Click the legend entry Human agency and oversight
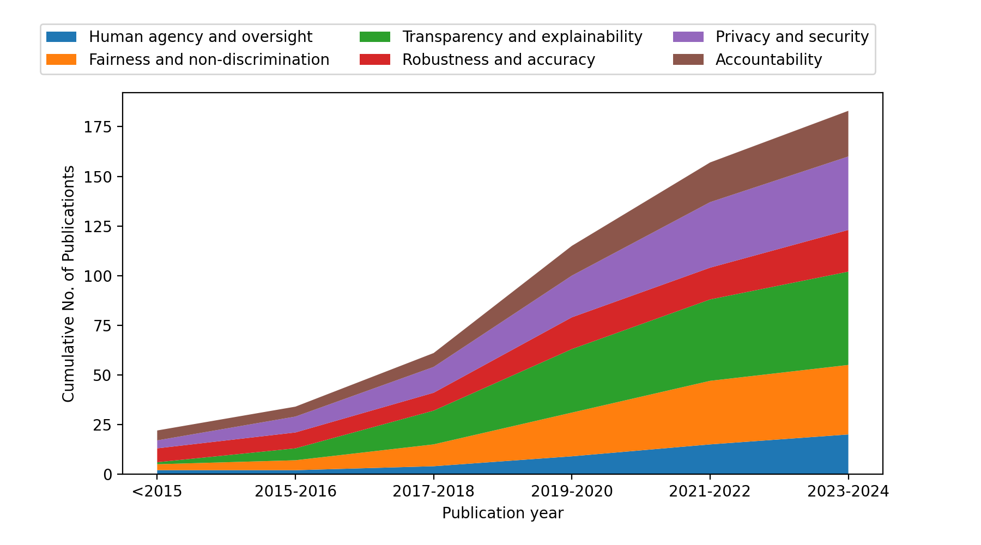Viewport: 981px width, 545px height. (x=200, y=37)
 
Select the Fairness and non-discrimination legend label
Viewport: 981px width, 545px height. (x=209, y=59)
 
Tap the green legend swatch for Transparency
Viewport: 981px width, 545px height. (x=375, y=37)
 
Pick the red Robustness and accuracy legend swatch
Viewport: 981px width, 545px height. (x=375, y=59)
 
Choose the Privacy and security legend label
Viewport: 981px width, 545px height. (x=791, y=37)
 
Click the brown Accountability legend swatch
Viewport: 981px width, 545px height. (x=688, y=59)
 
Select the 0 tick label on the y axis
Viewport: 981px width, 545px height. (x=107, y=475)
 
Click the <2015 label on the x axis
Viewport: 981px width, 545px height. (x=157, y=492)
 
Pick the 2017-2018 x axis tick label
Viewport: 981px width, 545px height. (x=434, y=492)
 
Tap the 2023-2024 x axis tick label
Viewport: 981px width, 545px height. (x=848, y=492)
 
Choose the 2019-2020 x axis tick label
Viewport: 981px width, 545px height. (x=572, y=492)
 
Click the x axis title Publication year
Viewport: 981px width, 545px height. (x=502, y=513)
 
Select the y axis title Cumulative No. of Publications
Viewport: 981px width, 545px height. (x=68, y=283)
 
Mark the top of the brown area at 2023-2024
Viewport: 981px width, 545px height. (x=847, y=112)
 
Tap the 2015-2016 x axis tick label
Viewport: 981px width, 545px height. (x=295, y=492)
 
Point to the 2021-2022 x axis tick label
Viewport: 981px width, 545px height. (x=710, y=492)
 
